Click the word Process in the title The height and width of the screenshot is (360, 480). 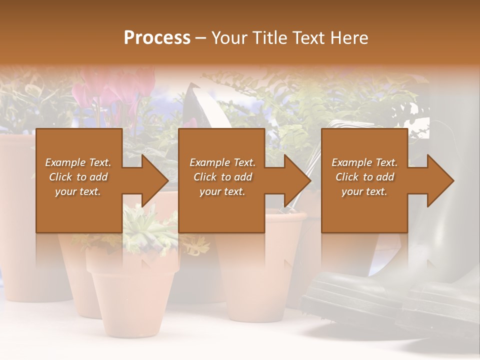tap(157, 37)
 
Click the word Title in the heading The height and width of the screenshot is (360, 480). tap(270, 37)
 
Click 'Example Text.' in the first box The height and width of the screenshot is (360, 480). tap(78, 162)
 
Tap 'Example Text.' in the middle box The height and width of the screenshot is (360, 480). tap(222, 162)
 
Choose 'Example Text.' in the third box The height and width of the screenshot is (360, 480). tap(364, 162)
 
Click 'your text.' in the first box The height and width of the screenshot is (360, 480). tap(78, 191)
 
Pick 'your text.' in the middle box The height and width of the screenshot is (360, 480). tap(222, 191)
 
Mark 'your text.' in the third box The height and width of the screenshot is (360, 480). tap(364, 191)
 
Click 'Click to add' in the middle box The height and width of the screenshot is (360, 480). tap(222, 177)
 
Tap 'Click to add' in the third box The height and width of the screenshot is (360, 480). tap(364, 177)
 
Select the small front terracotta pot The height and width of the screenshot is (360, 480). tap(132, 295)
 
